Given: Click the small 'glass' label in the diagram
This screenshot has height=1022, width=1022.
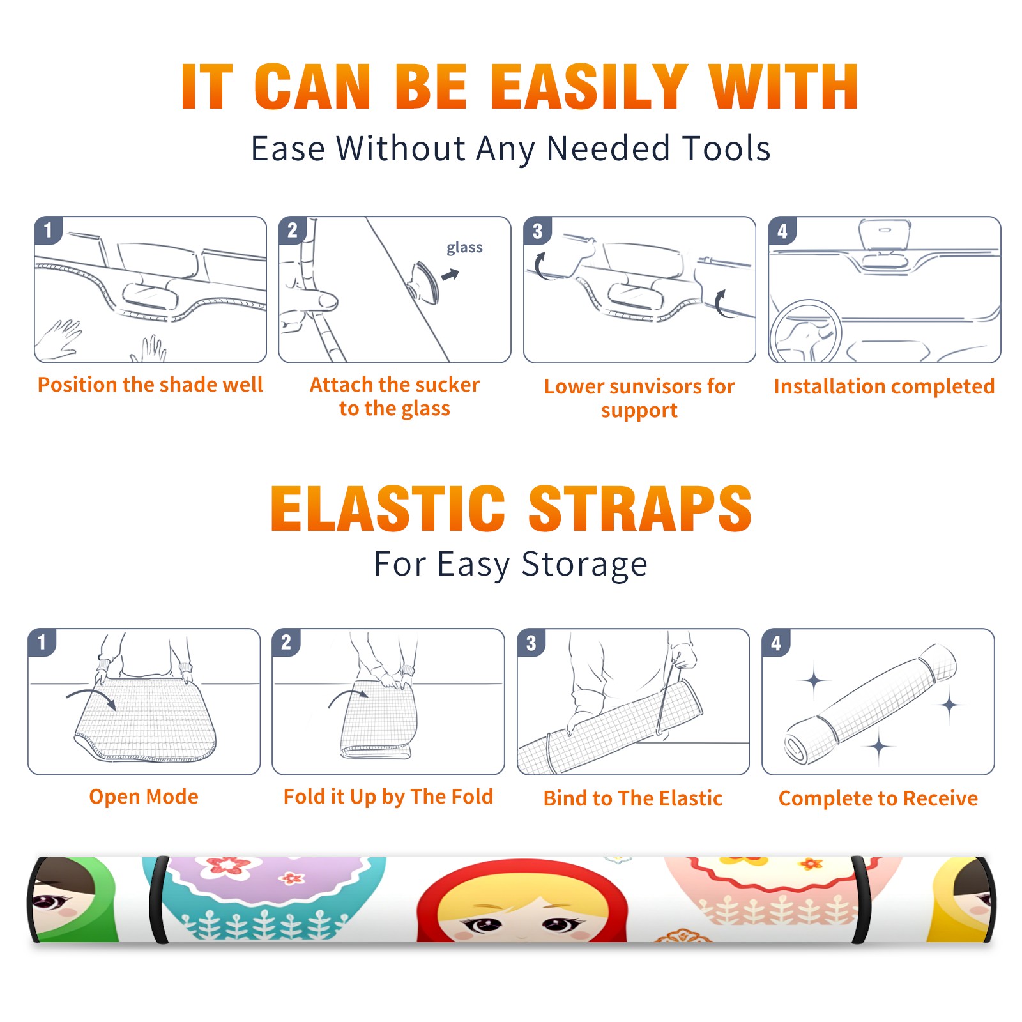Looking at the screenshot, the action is [x=464, y=248].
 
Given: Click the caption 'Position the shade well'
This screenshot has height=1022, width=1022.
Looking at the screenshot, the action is [x=150, y=385].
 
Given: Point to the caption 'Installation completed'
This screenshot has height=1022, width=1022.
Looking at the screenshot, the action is [x=884, y=386].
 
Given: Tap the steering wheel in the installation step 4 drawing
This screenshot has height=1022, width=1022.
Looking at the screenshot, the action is [x=805, y=332].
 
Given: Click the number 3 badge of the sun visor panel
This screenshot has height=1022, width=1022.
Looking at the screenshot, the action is [x=537, y=231].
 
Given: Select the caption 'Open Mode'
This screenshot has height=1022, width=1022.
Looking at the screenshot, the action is [x=144, y=797].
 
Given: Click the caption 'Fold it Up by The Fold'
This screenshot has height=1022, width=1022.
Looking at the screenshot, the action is [x=388, y=797].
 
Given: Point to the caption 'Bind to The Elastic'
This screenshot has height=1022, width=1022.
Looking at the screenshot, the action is [x=633, y=798].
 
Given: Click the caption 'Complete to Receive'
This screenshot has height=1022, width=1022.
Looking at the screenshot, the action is [x=878, y=798].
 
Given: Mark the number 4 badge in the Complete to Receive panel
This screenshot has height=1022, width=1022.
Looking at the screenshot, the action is [x=776, y=643].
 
